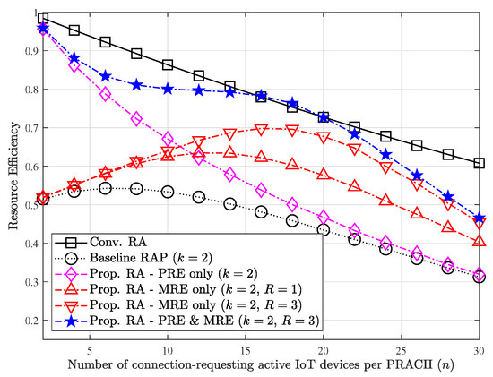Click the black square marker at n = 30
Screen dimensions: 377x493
pyautogui.click(x=480, y=164)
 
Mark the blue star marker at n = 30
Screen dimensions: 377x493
pyautogui.click(x=480, y=218)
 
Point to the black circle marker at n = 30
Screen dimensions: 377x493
pyautogui.click(x=480, y=278)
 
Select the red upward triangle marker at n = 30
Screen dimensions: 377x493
pyautogui.click(x=480, y=241)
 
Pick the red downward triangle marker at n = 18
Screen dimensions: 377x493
pyautogui.click(x=292, y=129)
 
